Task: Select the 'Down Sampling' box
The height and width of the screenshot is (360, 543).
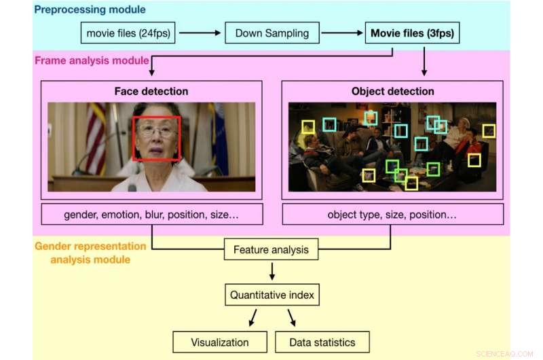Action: (271, 33)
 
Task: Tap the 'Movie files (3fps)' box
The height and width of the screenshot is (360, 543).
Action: (413, 33)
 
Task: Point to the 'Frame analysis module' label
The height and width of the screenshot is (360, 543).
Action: (92, 60)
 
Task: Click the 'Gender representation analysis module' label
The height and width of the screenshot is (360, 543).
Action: (90, 252)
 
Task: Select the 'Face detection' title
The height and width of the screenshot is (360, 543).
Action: (151, 91)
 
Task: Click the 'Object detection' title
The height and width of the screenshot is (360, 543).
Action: (392, 91)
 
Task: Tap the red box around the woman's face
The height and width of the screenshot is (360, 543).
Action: (157, 138)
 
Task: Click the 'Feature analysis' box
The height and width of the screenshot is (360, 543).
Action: (271, 249)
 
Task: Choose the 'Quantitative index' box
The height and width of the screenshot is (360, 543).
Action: (271, 295)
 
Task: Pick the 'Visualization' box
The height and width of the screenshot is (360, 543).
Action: (219, 342)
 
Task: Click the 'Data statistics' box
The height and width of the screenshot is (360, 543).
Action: (323, 342)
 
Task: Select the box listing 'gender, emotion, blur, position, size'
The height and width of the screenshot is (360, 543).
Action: (151, 214)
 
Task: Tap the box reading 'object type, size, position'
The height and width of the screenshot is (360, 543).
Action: (392, 214)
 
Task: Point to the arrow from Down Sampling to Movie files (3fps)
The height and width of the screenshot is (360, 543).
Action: (342, 33)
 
